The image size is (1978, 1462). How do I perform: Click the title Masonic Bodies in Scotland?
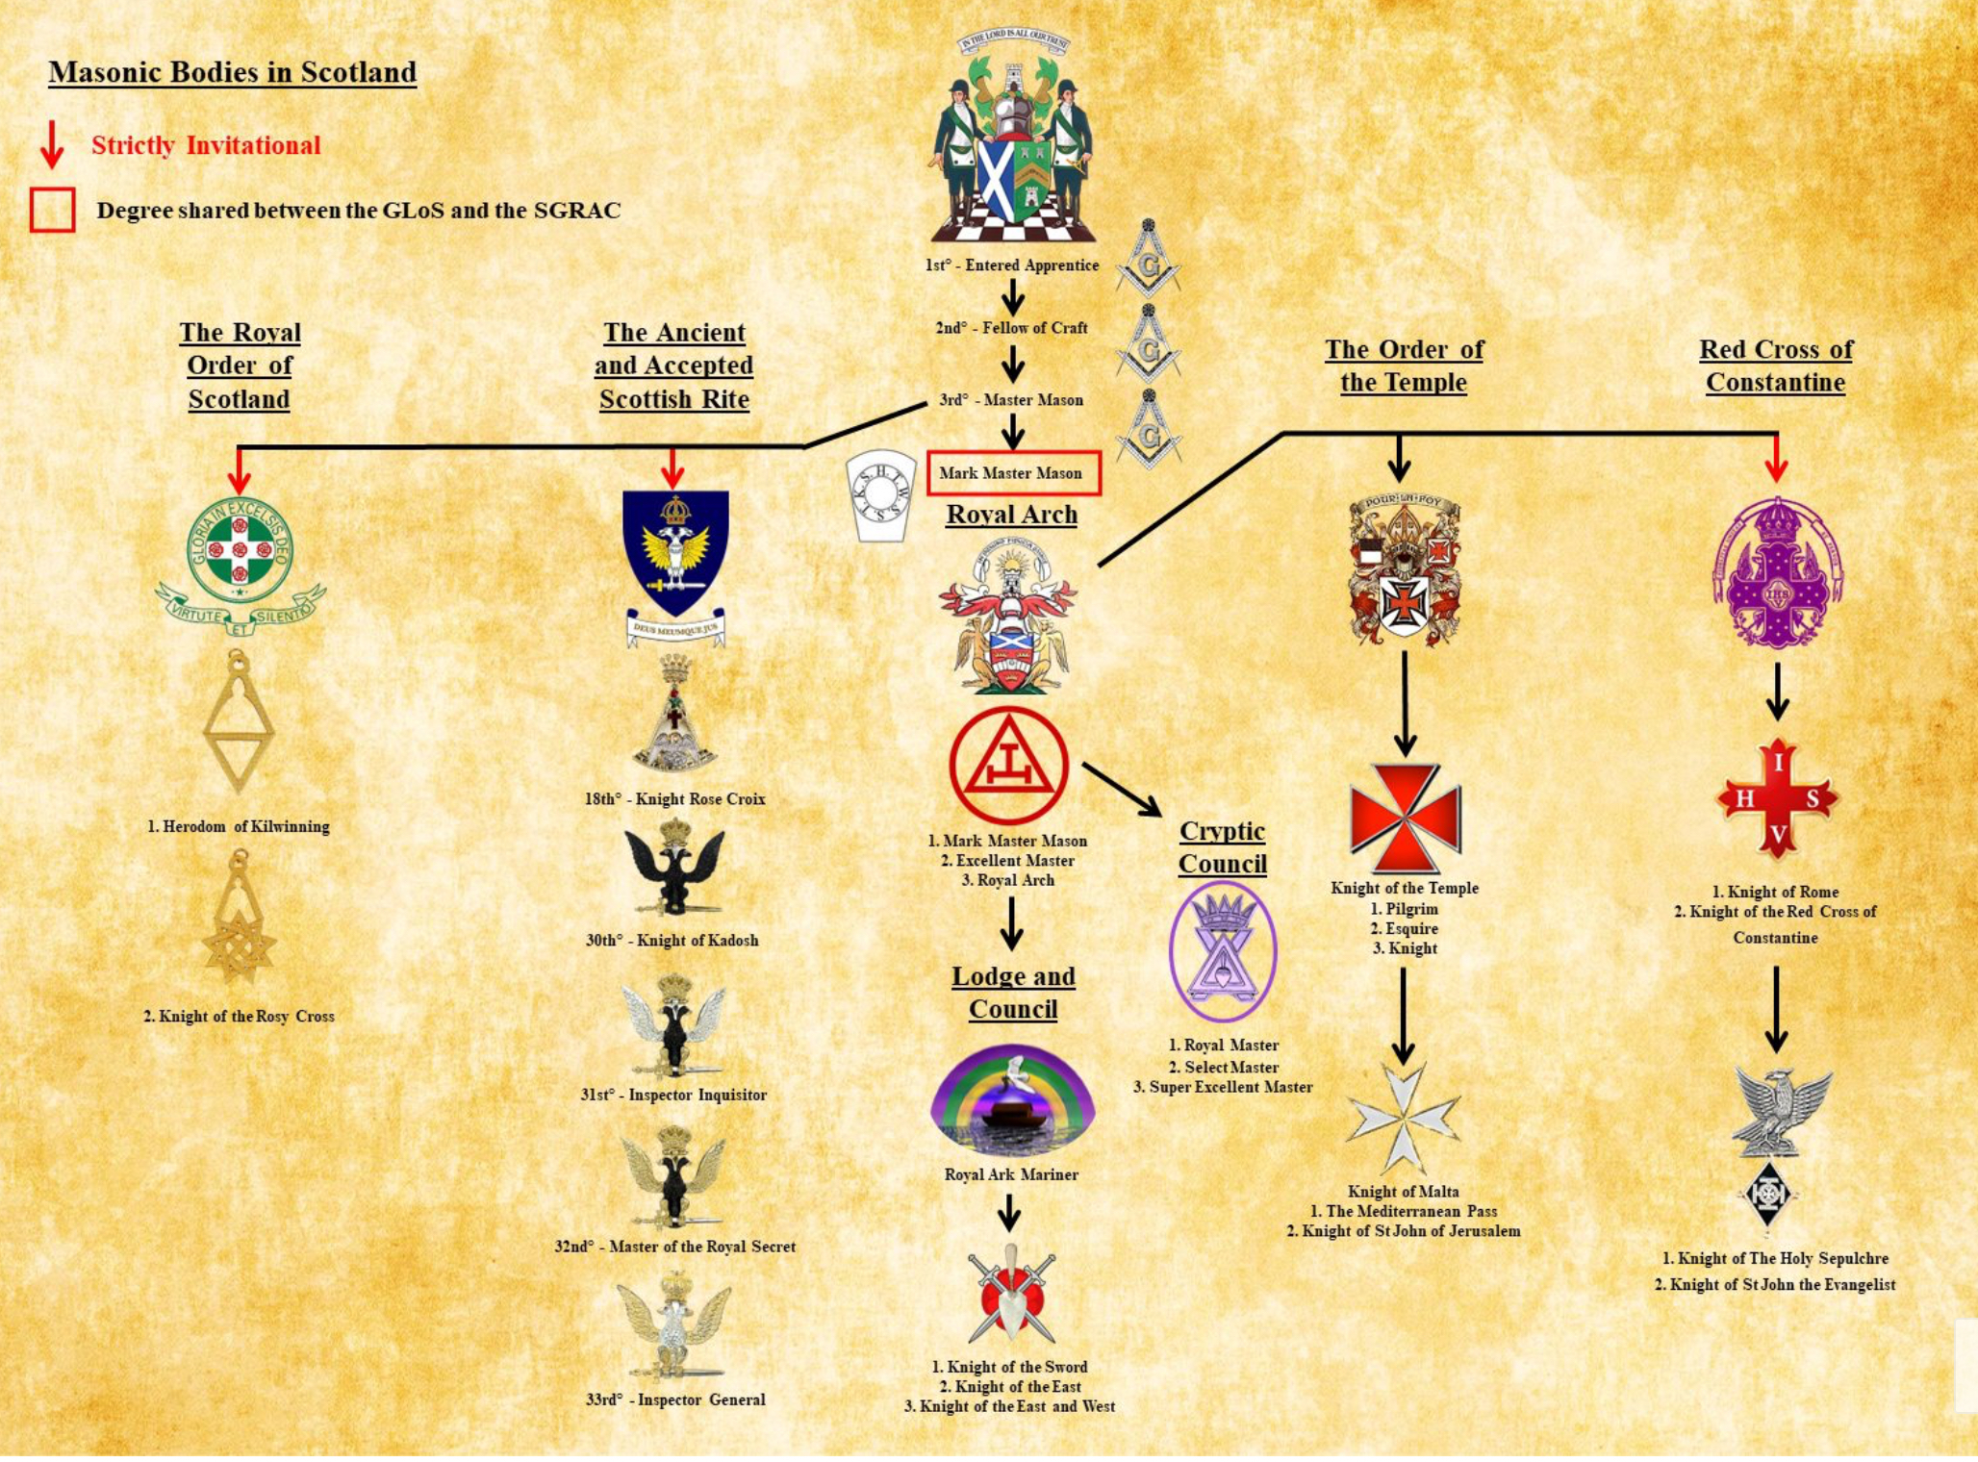click(232, 72)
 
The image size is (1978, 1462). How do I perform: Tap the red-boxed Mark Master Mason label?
click(1011, 473)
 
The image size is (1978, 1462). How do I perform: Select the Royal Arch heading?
click(1011, 515)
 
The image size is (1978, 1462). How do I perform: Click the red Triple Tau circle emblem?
click(1008, 767)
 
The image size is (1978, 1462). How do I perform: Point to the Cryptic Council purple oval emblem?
click(1222, 951)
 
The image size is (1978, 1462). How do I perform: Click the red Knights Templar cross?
click(1406, 819)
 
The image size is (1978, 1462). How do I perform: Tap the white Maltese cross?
click(1403, 1119)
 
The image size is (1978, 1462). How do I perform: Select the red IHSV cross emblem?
click(1777, 798)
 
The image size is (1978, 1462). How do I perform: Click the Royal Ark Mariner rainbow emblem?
click(1012, 1101)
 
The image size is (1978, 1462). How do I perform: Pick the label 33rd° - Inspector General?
click(675, 1399)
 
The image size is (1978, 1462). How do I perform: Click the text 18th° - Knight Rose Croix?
click(674, 799)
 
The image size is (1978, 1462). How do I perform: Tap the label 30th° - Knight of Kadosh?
click(672, 941)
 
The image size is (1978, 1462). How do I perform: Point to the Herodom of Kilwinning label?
click(238, 826)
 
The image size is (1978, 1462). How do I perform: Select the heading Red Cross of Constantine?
click(1775, 365)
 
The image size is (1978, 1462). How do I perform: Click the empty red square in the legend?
click(52, 210)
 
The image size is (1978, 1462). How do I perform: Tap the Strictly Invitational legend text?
click(206, 146)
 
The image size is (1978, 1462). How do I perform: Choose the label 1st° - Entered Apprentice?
click(1011, 265)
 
